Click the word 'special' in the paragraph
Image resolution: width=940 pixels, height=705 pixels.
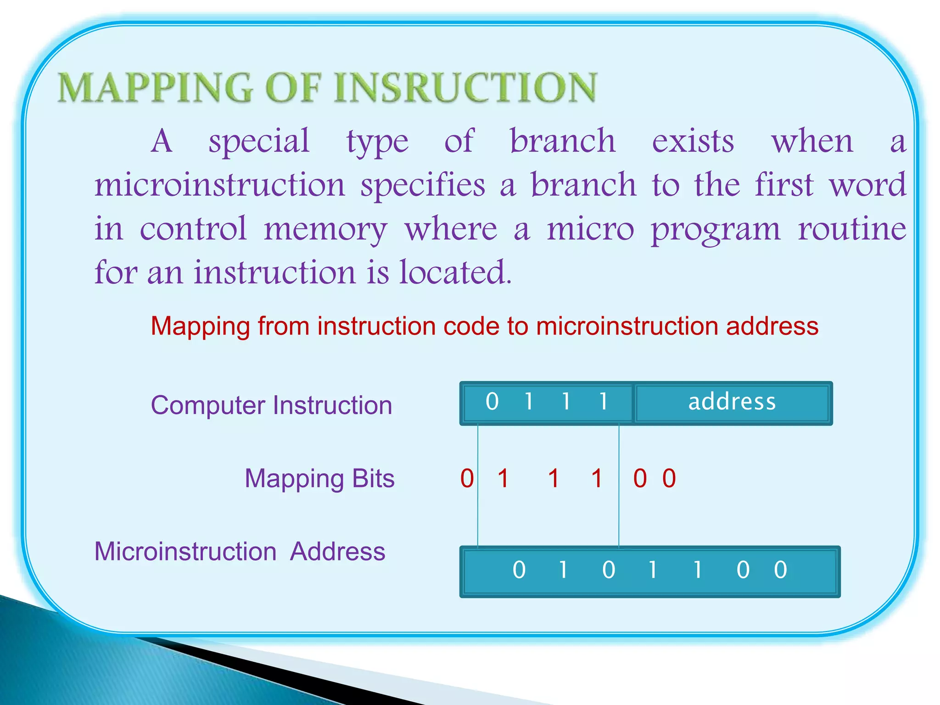click(259, 141)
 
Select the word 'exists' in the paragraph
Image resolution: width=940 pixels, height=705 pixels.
click(693, 141)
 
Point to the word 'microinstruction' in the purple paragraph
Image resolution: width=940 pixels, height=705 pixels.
click(219, 185)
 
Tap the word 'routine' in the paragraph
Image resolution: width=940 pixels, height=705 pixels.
click(851, 229)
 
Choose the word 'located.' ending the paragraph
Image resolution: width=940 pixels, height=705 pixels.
click(455, 273)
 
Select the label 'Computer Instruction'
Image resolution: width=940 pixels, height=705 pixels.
click(271, 406)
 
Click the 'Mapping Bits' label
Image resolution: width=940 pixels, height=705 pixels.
click(319, 479)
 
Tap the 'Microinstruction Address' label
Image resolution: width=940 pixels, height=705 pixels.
click(240, 552)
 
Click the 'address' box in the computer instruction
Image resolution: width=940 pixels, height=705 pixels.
click(732, 403)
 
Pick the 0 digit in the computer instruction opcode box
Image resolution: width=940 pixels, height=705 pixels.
click(492, 402)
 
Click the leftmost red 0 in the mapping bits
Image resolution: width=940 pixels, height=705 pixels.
click(467, 479)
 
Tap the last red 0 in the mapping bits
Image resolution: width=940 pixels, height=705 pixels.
click(669, 479)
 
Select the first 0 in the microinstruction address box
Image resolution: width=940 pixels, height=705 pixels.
click(519, 571)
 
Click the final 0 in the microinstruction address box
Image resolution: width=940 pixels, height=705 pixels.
click(780, 571)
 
